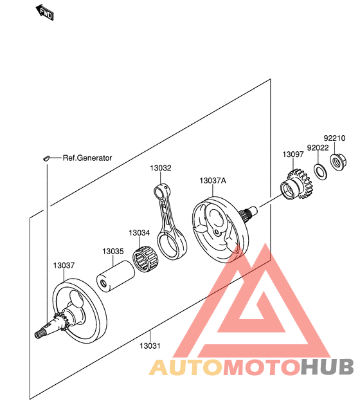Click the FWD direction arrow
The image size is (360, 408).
(x=45, y=12)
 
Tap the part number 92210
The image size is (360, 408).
(x=334, y=138)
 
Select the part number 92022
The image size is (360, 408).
(x=318, y=148)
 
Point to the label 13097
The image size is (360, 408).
(x=293, y=154)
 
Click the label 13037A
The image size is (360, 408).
(x=213, y=180)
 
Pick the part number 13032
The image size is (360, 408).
(x=161, y=168)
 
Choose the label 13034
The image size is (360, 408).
(x=139, y=232)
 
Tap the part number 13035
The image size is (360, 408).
(x=113, y=252)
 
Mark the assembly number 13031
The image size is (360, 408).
(x=150, y=346)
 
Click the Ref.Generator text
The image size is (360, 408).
(x=87, y=158)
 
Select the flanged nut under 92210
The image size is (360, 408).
(x=338, y=162)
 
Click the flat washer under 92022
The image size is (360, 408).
(x=321, y=172)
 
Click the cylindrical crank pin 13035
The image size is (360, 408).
(x=116, y=276)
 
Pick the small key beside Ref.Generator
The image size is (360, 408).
(x=46, y=158)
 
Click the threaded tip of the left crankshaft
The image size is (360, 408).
(x=39, y=334)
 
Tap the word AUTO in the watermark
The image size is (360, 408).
(x=186, y=367)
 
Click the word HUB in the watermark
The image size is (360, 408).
(x=327, y=367)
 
